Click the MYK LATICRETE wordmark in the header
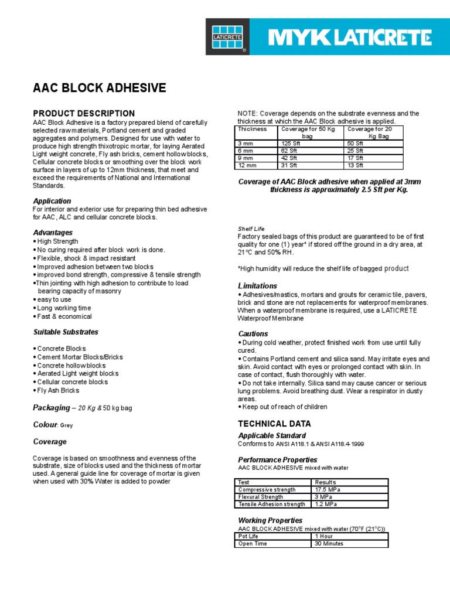coord(349,38)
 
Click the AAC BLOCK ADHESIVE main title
coord(99,88)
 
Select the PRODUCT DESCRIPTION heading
coord(84,113)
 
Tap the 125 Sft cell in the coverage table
coord(289,143)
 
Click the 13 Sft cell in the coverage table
coord(356,165)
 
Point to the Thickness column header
coord(253,129)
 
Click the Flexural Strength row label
coord(260,497)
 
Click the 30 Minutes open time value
coord(329,543)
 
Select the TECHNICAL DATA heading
coord(274,424)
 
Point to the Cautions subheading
coord(253,333)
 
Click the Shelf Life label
coord(251,229)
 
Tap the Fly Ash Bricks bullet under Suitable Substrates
coord(58,390)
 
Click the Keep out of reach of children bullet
coord(284,407)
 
